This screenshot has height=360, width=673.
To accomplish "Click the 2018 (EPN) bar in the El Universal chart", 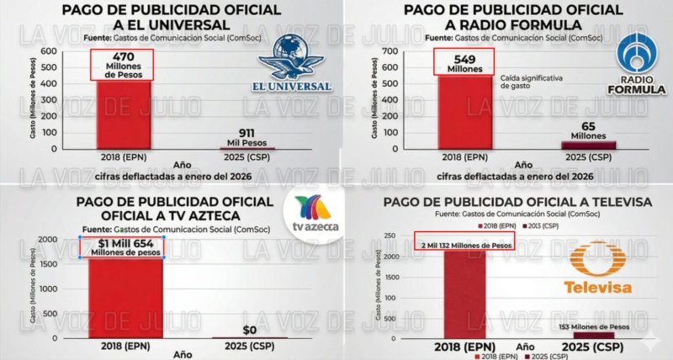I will pos(123,114).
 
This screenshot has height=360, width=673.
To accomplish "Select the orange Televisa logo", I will pos(596,270).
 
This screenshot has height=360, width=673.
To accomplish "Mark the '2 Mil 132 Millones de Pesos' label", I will pos(464,245).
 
